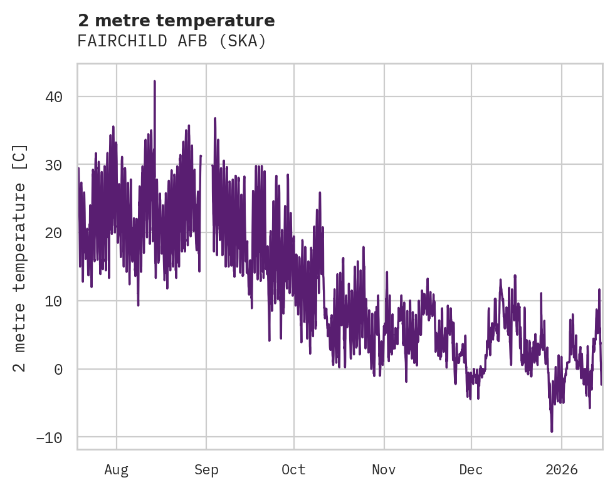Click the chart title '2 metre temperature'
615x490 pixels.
[x=176, y=21]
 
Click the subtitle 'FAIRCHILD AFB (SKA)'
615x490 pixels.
[x=172, y=41]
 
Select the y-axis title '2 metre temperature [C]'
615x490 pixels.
[x=21, y=257]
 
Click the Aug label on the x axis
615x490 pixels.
[x=117, y=469]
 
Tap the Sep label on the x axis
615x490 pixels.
[x=206, y=469]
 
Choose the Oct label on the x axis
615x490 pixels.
[x=293, y=469]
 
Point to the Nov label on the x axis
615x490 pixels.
[x=384, y=469]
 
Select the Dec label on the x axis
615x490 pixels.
[x=471, y=469]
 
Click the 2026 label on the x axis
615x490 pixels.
[x=561, y=469]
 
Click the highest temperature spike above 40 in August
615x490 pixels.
[x=154, y=81]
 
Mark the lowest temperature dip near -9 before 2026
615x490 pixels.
[x=552, y=431]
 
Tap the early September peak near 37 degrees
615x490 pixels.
[x=214, y=118]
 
